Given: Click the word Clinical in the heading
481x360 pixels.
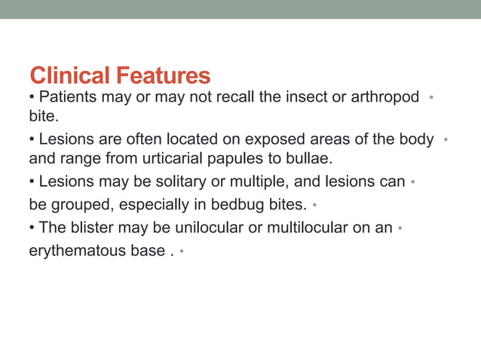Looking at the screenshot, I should (x=69, y=75).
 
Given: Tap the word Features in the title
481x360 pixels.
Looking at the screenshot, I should (x=162, y=75).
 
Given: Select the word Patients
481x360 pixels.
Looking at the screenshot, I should (x=68, y=97).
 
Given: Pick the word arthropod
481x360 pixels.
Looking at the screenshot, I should (x=382, y=98).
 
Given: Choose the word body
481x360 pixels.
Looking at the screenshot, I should (x=418, y=139).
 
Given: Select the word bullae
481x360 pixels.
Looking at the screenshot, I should (x=308, y=159).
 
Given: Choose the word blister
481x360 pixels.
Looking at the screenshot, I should (x=87, y=228).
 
